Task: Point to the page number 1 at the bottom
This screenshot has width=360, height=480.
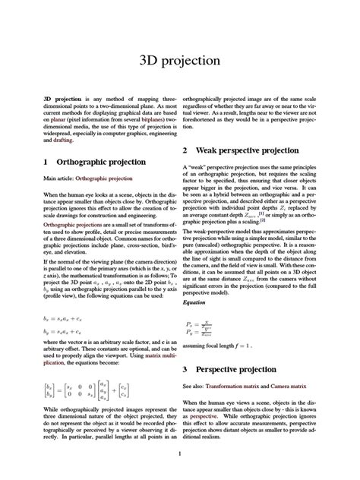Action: point(179,454)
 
